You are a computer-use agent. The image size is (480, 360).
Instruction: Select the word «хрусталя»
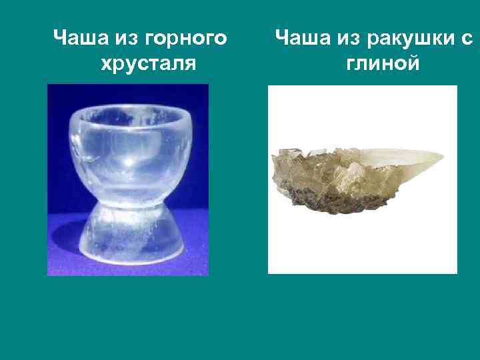[x=147, y=64]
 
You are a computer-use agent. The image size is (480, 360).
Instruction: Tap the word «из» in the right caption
[x=343, y=39]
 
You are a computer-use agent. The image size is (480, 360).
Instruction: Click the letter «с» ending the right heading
[x=466, y=39]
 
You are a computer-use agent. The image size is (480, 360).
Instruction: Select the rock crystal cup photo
[x=127, y=179]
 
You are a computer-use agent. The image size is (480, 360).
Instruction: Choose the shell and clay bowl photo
[x=362, y=179]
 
